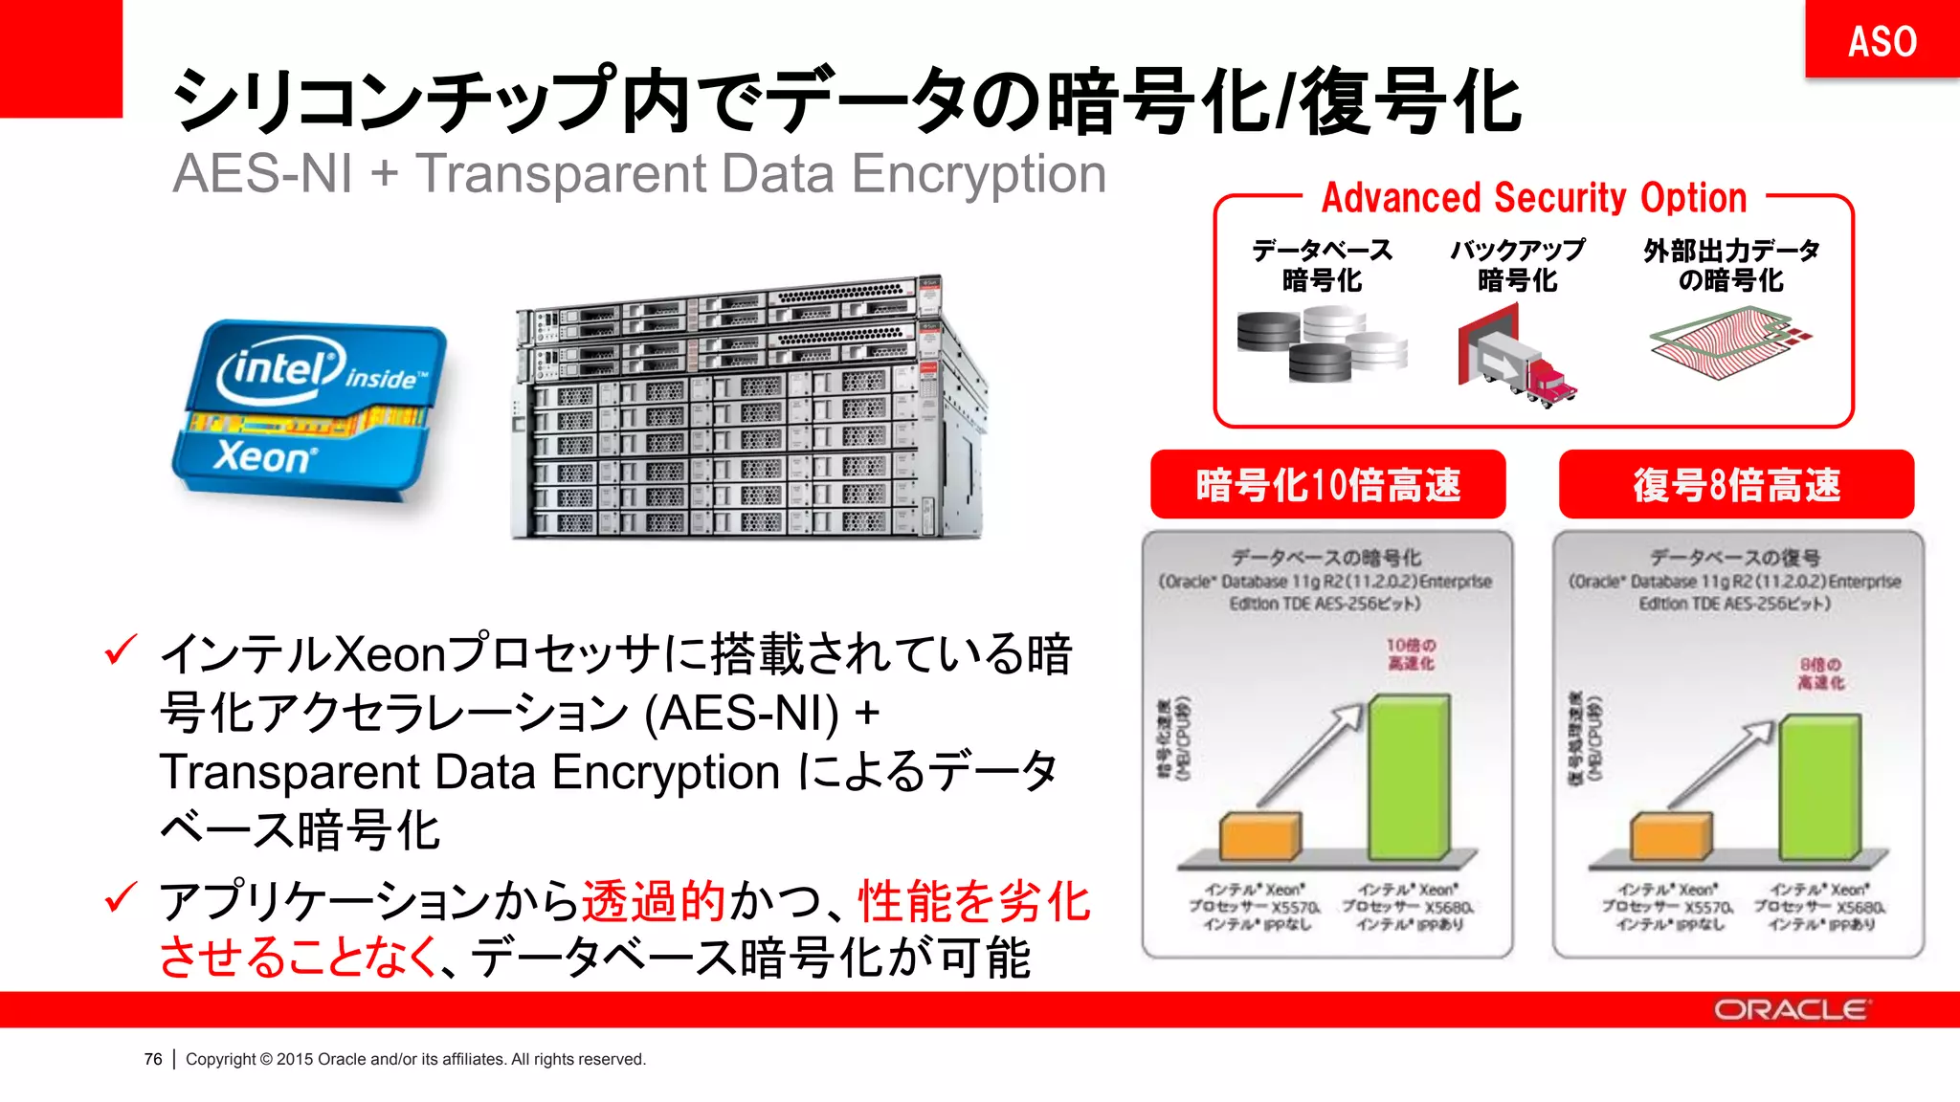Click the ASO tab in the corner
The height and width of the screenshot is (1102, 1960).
click(1882, 40)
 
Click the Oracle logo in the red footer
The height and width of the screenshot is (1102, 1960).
click(1791, 1010)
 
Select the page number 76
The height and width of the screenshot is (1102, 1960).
click(153, 1059)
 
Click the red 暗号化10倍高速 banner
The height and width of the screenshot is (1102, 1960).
click(1327, 485)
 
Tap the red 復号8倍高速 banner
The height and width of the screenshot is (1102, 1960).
click(1736, 485)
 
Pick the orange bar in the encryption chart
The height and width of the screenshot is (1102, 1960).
click(1259, 836)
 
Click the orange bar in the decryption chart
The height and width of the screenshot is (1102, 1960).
click(1670, 836)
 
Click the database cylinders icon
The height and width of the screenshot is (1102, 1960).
click(1321, 344)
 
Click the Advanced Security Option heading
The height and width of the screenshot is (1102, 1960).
click(1534, 198)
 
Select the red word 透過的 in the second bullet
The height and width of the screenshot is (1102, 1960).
click(654, 901)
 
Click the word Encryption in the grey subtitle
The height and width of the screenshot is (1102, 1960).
click(978, 174)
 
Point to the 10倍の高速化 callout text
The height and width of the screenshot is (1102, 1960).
click(1411, 654)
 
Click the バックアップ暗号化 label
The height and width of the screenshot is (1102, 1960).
click(1518, 265)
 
